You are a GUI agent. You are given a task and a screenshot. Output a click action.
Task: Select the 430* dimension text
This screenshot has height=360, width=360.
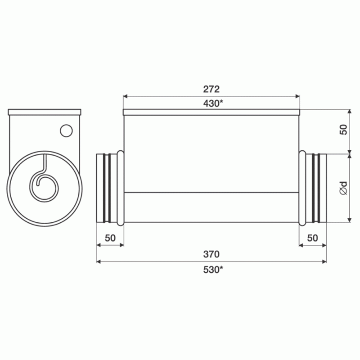(211, 103)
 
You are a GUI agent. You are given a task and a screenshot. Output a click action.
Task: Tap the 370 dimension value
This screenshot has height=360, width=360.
(211, 254)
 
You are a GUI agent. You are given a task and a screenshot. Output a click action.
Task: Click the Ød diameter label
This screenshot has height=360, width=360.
(343, 188)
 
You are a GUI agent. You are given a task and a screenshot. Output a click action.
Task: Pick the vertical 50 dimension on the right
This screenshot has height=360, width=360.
(343, 130)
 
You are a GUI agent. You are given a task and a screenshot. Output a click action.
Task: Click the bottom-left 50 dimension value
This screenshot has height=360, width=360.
(110, 238)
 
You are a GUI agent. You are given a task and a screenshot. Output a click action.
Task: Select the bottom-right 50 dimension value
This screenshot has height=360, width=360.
(313, 238)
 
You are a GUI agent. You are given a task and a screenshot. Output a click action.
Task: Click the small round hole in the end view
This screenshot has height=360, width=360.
(66, 130)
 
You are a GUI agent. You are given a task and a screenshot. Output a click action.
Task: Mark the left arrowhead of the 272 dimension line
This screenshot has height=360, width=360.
(126, 96)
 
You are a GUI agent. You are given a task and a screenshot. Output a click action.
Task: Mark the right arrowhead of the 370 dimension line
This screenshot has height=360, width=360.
(324, 261)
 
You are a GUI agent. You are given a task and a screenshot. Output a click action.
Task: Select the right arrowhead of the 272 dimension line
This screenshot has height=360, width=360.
(297, 96)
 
